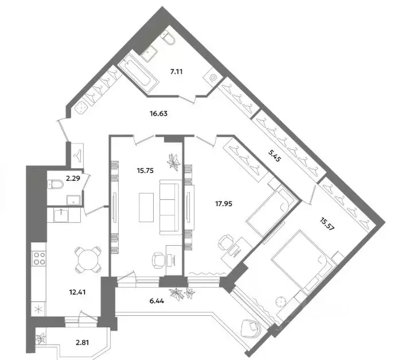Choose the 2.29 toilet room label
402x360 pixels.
click(x=72, y=179)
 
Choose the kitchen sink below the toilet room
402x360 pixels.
click(x=63, y=216)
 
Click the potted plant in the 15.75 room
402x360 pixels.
click(x=171, y=162)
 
